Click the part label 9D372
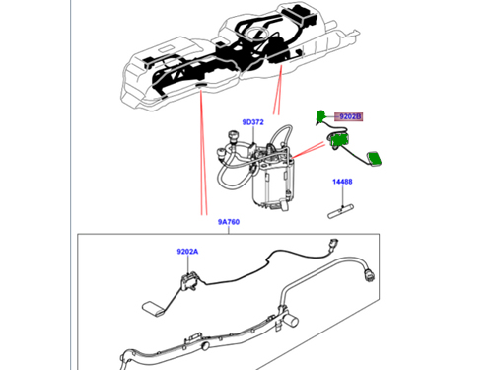tap(252, 122)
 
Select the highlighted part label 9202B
tap(349, 116)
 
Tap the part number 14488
tap(342, 182)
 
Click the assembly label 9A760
tap(229, 222)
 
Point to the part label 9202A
tap(187, 252)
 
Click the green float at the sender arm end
tap(374, 159)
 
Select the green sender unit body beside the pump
tap(338, 140)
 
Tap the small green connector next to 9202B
tap(320, 115)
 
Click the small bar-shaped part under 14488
tap(340, 211)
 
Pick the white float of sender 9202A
tap(153, 309)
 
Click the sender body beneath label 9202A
tap(189, 281)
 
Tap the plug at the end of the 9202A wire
tap(332, 245)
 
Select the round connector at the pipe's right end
tap(370, 275)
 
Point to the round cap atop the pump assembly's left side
tap(233, 135)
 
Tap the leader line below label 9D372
tap(253, 135)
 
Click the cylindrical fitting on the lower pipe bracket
tap(291, 320)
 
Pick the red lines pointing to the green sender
tap(309, 150)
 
